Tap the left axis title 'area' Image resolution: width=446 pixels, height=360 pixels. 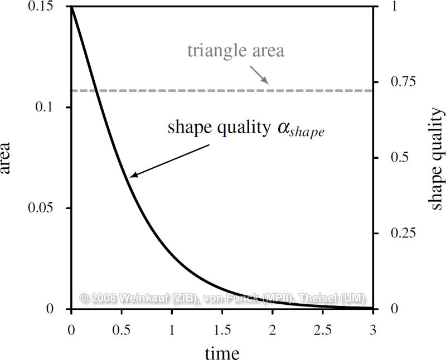(x=8, y=158)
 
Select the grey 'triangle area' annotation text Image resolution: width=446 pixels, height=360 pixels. (x=236, y=51)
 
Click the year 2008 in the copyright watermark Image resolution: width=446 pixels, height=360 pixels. (x=104, y=299)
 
